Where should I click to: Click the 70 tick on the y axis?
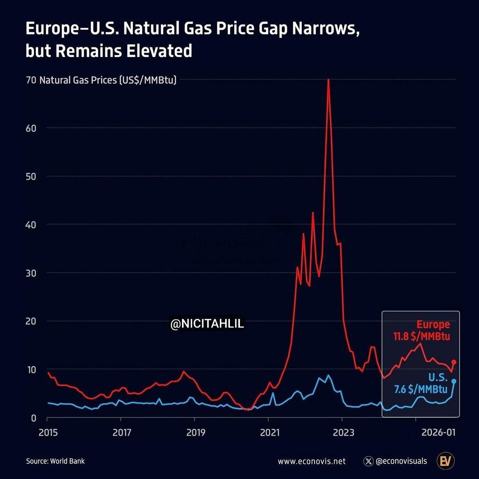coord(31,80)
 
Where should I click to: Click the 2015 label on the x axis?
coord(47,433)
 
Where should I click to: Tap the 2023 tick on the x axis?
coord(342,433)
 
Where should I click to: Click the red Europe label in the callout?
coord(433,325)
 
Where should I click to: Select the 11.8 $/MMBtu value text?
coord(422,336)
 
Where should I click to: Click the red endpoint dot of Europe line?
coord(454,362)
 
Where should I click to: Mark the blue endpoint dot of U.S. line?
coord(454,381)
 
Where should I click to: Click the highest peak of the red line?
coord(328,80)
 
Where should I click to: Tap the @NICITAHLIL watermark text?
coord(207,324)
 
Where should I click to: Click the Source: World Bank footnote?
coord(55,461)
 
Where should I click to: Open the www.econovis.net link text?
coord(311,462)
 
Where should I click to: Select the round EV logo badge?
coord(446,461)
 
